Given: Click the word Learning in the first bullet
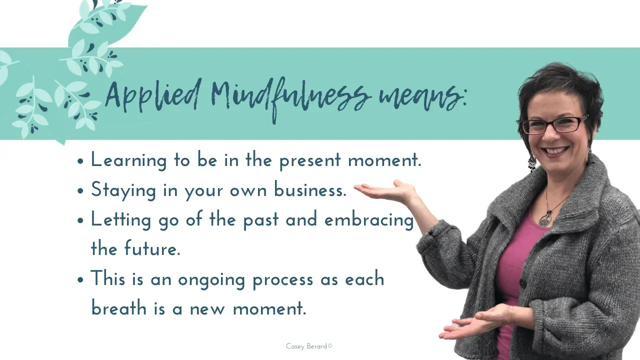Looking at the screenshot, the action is click(x=128, y=160).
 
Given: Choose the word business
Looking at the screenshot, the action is click(x=310, y=189).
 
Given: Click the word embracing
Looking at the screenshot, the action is click(x=369, y=220).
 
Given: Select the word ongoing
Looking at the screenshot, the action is click(x=211, y=280).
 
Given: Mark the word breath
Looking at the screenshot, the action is click(x=119, y=308).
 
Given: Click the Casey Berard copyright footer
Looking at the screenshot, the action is click(x=309, y=346).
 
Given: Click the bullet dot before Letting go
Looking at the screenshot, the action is click(x=80, y=220).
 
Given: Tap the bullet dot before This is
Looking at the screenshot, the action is click(x=80, y=279).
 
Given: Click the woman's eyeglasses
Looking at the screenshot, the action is click(x=553, y=125).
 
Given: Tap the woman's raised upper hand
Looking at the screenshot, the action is click(x=385, y=191).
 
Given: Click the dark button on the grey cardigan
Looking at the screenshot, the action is click(x=523, y=284).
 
